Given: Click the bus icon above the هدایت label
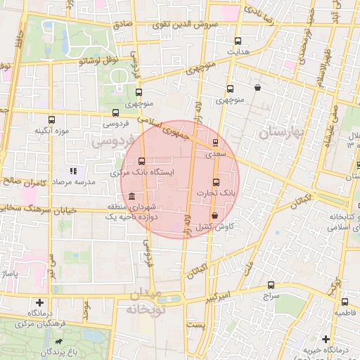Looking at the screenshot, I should pyautogui.click(x=238, y=41).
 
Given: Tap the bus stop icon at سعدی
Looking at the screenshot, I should pyautogui.click(x=216, y=142).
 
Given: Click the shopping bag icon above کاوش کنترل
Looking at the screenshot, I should pyautogui.click(x=214, y=216).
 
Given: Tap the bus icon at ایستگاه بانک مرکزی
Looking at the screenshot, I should pyautogui.click(x=143, y=161).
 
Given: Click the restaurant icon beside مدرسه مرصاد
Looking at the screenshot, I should pyautogui.click(x=73, y=171).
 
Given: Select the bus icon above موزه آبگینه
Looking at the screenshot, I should pyautogui.click(x=51, y=120).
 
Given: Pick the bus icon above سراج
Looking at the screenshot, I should pyautogui.click(x=271, y=285).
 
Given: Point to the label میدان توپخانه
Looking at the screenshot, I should pyautogui.click(x=145, y=301).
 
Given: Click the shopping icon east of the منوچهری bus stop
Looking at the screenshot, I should pyautogui.click(x=258, y=89).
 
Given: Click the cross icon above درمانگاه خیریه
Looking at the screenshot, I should pyautogui.click(x=326, y=340).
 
